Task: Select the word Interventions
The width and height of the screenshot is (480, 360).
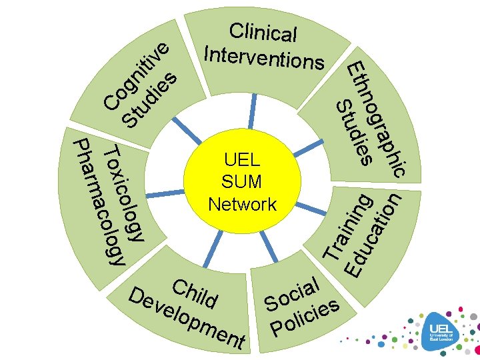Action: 265,57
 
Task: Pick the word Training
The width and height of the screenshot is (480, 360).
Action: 347,226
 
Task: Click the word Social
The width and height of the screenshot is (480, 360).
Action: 293,293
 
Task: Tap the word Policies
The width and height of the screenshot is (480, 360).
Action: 306,318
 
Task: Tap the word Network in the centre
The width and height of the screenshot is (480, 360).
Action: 242,204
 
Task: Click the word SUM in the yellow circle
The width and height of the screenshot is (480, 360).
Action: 242,181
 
